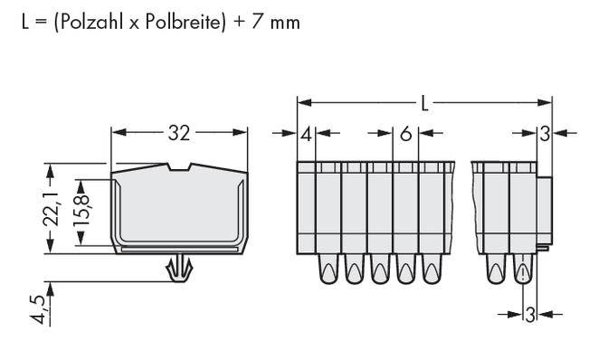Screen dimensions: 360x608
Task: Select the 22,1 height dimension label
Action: pos(52,209)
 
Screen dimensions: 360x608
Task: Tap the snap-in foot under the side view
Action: pos(180,267)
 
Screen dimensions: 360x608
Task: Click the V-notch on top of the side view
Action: pos(187,166)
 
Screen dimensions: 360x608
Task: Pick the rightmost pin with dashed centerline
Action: pos(523,270)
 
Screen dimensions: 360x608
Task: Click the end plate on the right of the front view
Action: pos(545,208)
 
